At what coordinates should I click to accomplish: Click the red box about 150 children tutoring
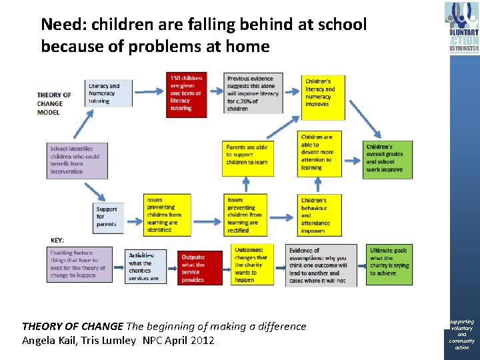(x=186, y=94)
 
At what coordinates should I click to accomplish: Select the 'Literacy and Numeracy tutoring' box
(x=109, y=93)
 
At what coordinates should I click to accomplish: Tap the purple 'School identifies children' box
(x=78, y=160)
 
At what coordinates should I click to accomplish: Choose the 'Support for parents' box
(x=109, y=217)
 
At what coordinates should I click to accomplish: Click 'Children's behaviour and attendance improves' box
(x=321, y=215)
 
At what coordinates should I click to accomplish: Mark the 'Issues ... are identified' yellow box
(x=167, y=215)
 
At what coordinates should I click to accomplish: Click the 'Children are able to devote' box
(x=321, y=153)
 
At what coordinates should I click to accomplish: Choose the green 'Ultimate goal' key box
(x=389, y=265)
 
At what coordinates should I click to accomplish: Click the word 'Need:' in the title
(x=65, y=25)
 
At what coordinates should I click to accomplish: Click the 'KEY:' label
(x=58, y=240)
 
